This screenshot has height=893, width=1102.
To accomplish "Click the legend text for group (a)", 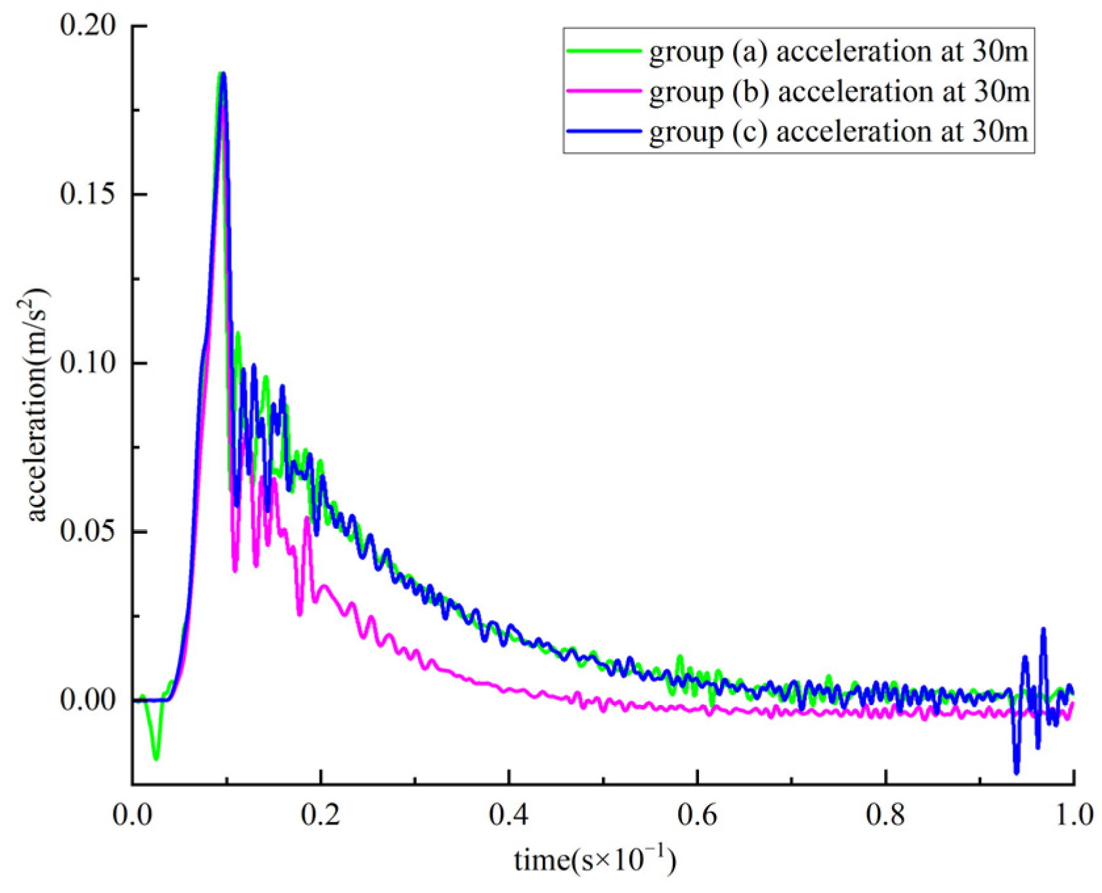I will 838,52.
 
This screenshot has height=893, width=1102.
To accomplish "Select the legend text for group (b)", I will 838,92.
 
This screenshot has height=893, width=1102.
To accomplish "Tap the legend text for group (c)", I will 838,132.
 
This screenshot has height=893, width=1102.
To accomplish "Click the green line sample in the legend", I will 604,51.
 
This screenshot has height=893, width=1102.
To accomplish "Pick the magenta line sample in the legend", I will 604,91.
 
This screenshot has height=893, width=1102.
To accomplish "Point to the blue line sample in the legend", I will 604,131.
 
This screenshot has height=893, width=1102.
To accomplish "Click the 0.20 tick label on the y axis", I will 87,26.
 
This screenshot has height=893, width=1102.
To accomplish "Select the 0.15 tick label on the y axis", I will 87,195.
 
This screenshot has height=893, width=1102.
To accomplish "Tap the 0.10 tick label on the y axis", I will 87,363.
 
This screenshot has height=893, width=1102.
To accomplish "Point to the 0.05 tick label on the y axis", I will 87,531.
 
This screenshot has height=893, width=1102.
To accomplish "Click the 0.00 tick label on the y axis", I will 87,700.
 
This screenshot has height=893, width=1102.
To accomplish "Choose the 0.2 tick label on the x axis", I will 321,815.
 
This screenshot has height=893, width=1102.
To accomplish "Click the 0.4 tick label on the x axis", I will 509,815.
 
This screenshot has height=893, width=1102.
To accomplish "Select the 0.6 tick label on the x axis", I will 698,815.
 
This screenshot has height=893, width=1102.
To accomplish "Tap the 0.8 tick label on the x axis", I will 886,815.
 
